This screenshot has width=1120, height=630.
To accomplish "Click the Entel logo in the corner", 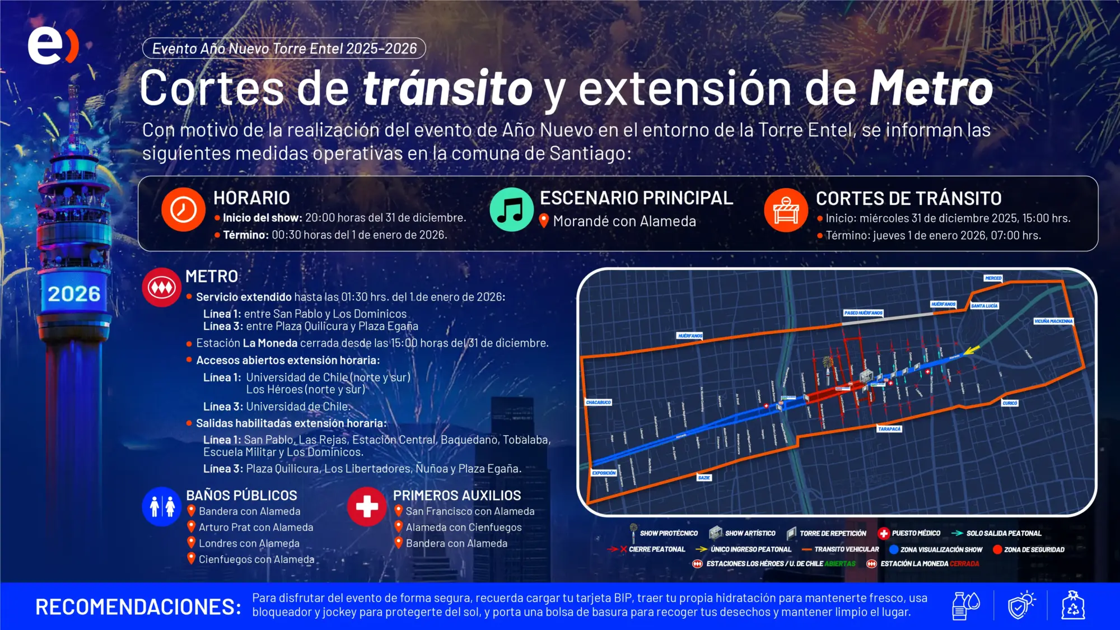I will coord(53,45).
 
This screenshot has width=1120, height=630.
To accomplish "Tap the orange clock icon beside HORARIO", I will coord(183,210).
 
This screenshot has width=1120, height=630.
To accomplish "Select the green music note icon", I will coord(511,210).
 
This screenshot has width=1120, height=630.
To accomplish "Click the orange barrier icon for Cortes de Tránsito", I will coord(786,210).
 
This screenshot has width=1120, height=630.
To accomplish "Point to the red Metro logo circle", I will coord(162,287).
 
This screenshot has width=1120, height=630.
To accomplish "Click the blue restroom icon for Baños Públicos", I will coord(162,506).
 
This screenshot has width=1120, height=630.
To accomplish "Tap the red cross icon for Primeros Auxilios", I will coord(367,506).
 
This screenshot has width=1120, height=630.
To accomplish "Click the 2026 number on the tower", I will coord(74,294).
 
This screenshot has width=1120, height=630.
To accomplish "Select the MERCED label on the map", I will coord(993,278).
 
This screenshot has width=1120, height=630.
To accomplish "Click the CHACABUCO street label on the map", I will coord(598,403).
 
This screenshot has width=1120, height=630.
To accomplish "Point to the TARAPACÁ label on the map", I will coord(889,429).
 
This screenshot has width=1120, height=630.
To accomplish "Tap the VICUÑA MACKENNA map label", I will coord(1053,321).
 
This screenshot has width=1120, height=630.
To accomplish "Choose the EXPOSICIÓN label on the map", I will coord(604,473).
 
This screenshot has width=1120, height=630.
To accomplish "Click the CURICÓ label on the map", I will coord(1010,403).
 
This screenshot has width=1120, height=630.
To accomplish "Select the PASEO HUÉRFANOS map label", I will coord(863,313).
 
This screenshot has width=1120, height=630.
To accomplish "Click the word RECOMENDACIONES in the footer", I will coord(138,607).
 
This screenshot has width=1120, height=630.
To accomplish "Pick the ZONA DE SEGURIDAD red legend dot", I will coord(997,549).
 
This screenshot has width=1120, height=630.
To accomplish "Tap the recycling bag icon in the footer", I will coord(1073,606).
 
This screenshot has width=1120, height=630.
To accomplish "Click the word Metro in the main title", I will coord(931,88).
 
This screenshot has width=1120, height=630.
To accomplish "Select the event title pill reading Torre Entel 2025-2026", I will coord(284,49).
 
